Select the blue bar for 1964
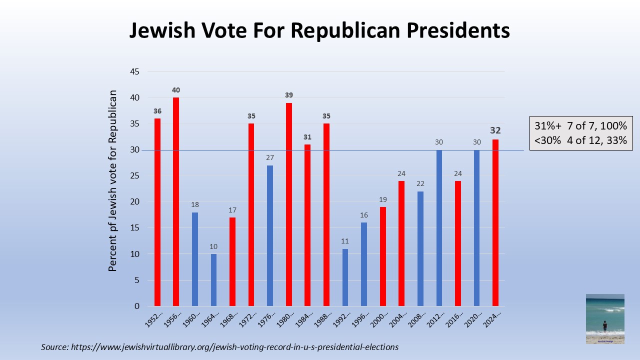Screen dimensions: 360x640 coord(213,280)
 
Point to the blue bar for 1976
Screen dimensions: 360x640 coord(270,235)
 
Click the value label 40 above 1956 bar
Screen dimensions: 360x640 coord(176,90)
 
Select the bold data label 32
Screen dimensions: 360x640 coord(495,130)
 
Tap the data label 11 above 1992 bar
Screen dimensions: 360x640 coord(345,240)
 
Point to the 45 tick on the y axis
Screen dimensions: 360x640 coord(134,72)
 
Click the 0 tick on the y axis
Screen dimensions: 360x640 coord(136,306)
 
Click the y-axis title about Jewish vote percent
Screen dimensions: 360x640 coord(113,180)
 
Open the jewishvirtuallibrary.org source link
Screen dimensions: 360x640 coord(234,346)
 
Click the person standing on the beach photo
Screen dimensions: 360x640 coord(604,326)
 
